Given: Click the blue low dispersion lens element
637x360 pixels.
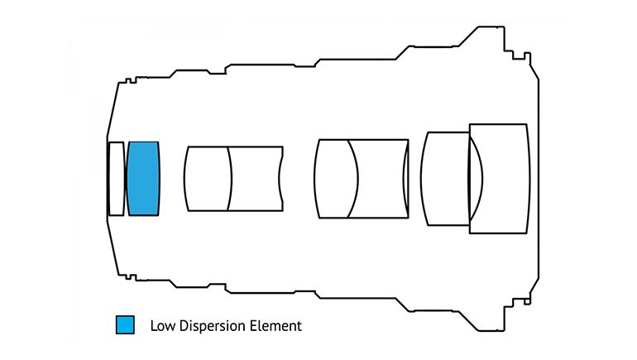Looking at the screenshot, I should pyautogui.click(x=143, y=179).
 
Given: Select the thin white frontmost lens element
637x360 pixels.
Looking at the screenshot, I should pyautogui.click(x=116, y=179).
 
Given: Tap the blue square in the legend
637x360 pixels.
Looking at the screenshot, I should pyautogui.click(x=125, y=324).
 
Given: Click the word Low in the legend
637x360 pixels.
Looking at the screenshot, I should pyautogui.click(x=161, y=325).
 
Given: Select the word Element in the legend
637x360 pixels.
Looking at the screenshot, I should pyautogui.click(x=277, y=325).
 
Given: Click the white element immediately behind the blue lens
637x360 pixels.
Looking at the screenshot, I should pyautogui.click(x=207, y=179).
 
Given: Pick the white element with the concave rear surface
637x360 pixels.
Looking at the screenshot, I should pyautogui.click(x=256, y=179).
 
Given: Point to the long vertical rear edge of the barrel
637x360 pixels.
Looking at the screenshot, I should pyautogui.click(x=541, y=179).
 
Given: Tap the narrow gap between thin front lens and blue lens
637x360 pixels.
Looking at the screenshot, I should pyautogui.click(x=126, y=179).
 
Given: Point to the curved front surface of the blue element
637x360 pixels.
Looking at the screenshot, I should pyautogui.click(x=128, y=179).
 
